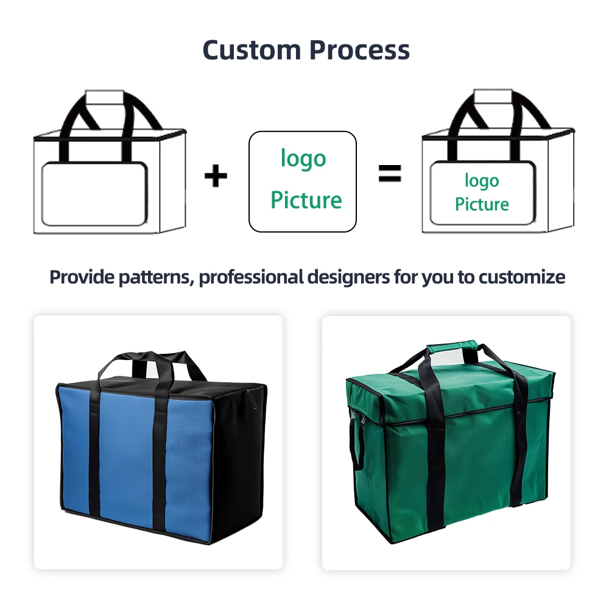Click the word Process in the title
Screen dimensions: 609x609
coord(358,49)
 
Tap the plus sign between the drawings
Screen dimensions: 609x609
coord(215,176)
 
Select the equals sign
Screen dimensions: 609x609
coord(390,174)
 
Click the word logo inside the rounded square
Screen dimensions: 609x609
coord(303,158)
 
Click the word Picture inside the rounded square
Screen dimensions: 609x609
coord(306,200)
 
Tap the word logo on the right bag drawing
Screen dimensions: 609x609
coord(482,180)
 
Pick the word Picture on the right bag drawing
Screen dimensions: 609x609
coord(482,204)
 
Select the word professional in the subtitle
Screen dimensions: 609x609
coord(251,278)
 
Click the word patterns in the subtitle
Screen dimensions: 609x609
coord(157,278)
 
